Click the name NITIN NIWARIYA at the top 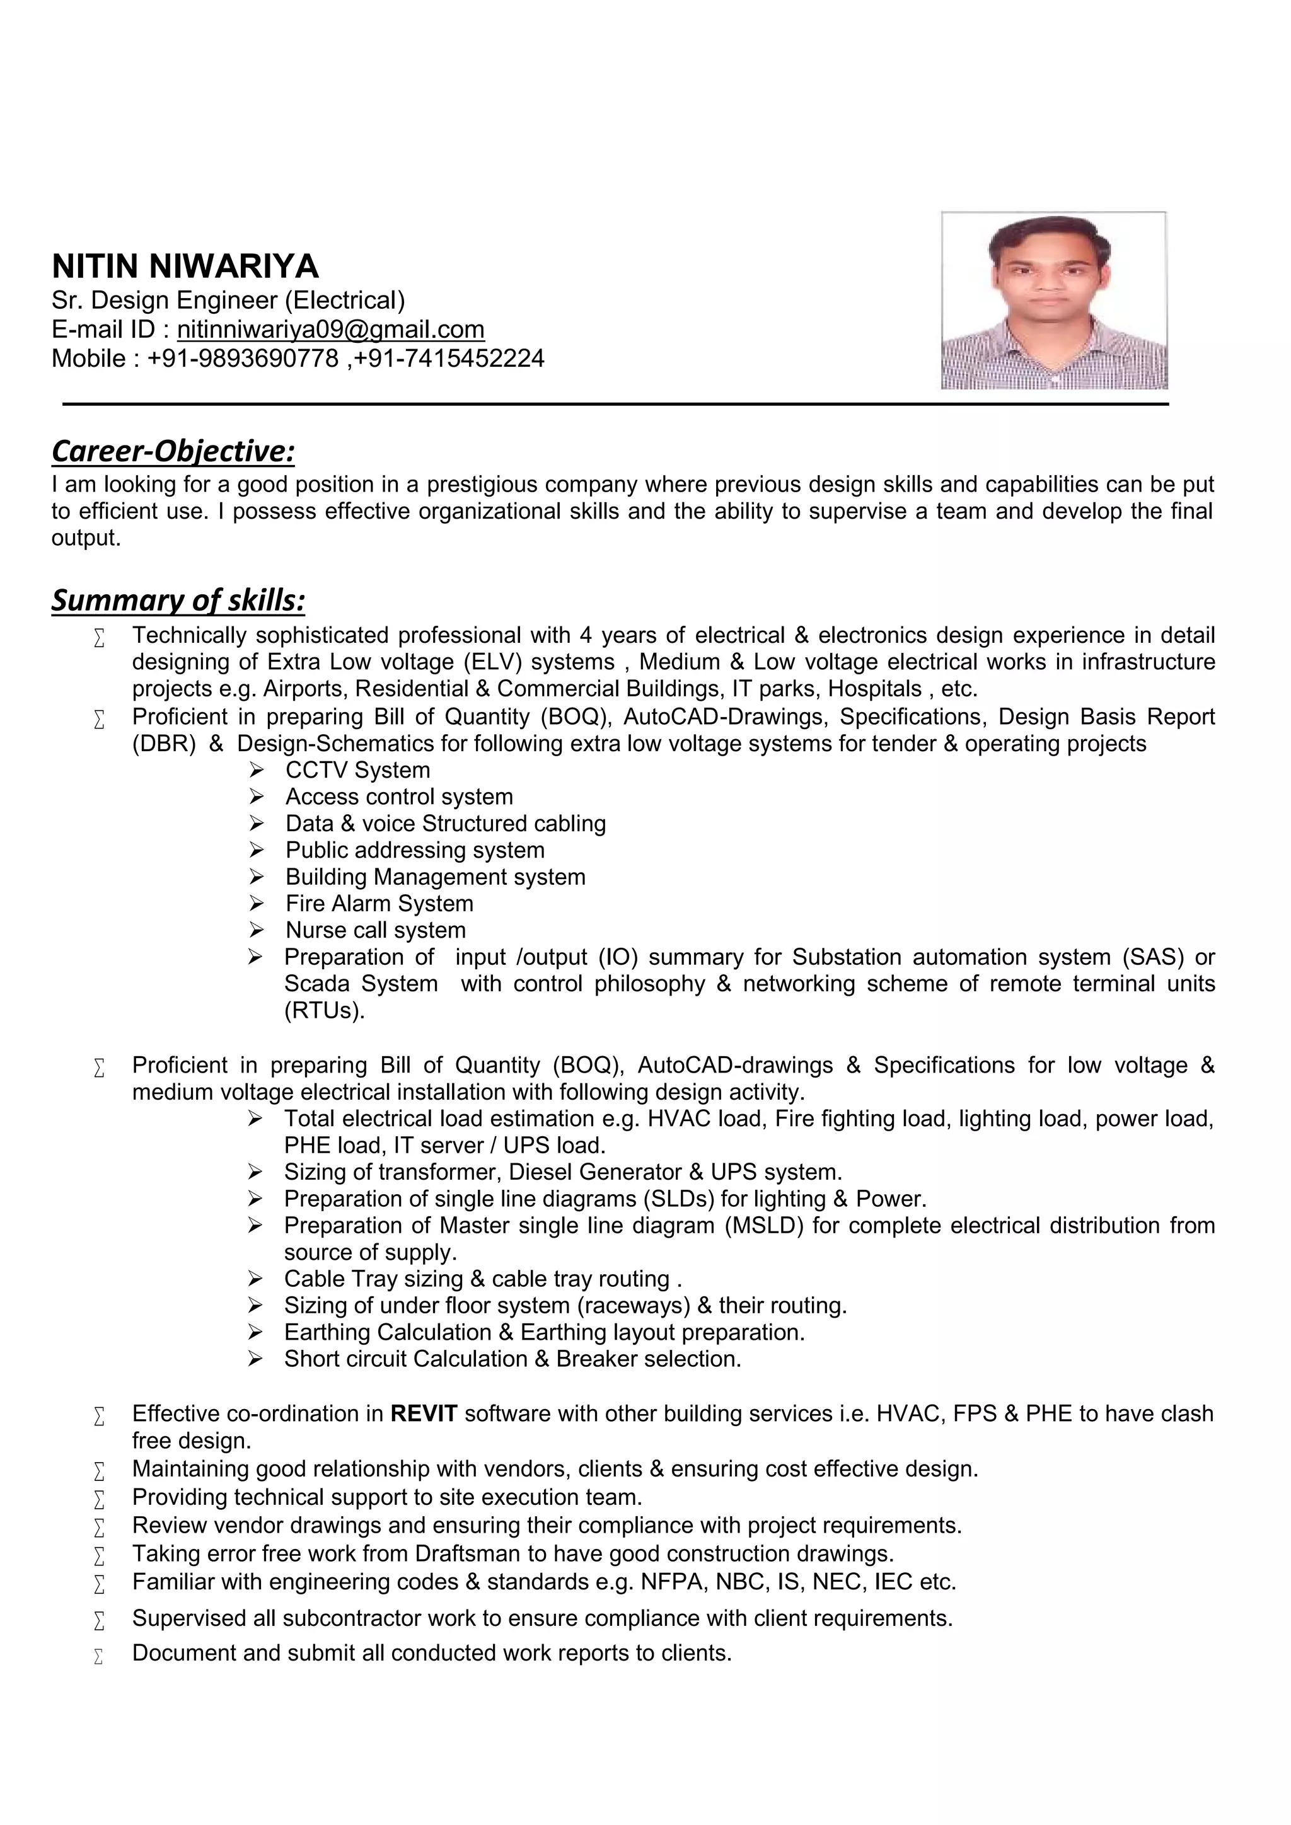tap(185, 267)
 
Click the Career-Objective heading tap(173, 451)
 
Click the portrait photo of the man tap(1053, 301)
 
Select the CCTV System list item tap(357, 769)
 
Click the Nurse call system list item tap(375, 930)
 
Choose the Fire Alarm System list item tap(379, 903)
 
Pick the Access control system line tap(399, 797)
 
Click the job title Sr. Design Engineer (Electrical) tap(228, 301)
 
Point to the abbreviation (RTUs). tap(325, 1010)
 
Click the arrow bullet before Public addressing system tap(256, 849)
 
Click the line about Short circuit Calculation tap(512, 1359)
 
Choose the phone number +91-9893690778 tap(243, 359)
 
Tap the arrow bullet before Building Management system tap(256, 877)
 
